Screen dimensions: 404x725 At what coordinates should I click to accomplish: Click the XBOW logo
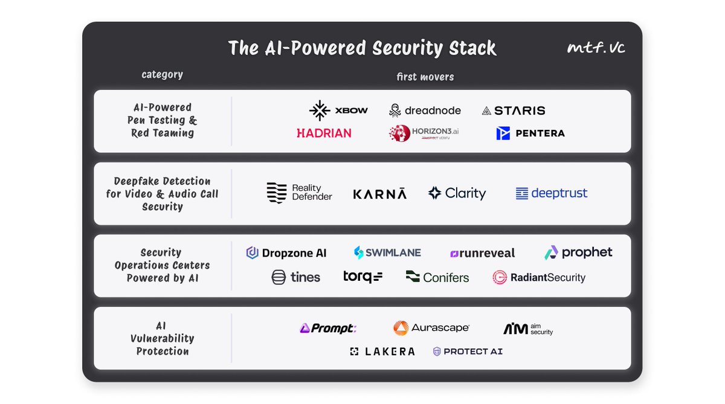[338, 111]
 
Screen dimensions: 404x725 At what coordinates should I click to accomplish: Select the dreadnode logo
[425, 111]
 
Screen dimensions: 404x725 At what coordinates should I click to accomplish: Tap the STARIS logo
[513, 111]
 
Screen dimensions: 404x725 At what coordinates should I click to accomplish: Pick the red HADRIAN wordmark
[324, 133]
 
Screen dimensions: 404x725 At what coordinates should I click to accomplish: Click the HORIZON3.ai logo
[424, 133]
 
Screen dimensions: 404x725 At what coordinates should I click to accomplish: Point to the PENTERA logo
[530, 133]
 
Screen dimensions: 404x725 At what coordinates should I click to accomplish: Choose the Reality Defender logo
[299, 193]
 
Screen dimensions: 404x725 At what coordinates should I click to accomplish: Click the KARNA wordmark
[379, 194]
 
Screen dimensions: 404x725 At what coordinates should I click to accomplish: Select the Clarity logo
[457, 193]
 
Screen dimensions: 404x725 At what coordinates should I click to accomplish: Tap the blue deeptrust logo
[551, 193]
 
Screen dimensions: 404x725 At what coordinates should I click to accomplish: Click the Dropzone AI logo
[286, 253]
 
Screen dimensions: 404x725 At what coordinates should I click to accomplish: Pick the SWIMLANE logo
[387, 252]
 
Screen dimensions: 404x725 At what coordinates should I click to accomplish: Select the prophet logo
[578, 252]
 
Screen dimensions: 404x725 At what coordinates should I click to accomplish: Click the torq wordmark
[362, 277]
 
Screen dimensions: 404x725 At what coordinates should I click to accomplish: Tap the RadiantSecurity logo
[539, 277]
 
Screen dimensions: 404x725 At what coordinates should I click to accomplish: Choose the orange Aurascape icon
[401, 328]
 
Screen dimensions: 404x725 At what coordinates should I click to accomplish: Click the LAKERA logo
[382, 351]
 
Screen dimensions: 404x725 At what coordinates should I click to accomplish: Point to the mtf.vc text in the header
[596, 48]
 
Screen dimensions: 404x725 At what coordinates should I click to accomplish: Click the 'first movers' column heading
[425, 77]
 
